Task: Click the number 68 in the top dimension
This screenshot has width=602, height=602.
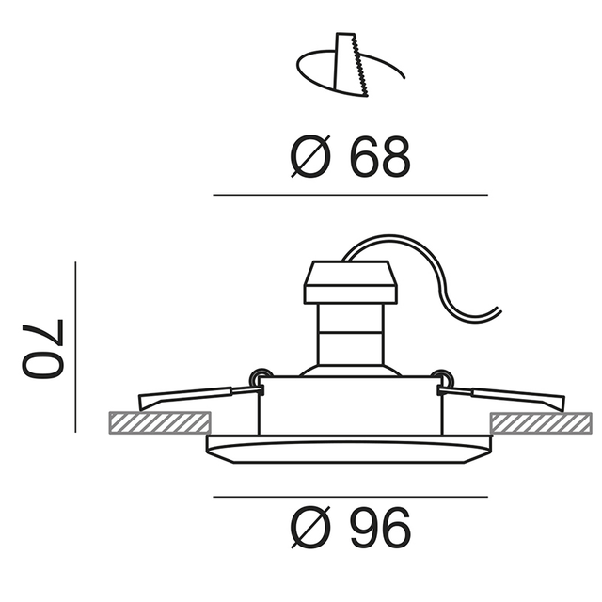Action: [x=381, y=157]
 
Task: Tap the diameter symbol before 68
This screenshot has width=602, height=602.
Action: [x=310, y=156]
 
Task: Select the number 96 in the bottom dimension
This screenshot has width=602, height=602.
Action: [x=381, y=528]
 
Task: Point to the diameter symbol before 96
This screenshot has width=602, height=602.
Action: [x=310, y=528]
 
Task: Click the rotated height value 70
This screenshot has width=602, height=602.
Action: [x=42, y=349]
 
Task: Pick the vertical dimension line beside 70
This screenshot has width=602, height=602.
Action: [x=75, y=347]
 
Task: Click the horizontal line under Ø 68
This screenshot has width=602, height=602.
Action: [x=351, y=195]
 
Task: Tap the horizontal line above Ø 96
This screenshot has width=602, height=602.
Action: [x=351, y=497]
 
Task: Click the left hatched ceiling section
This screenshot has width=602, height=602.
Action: [x=160, y=422]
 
